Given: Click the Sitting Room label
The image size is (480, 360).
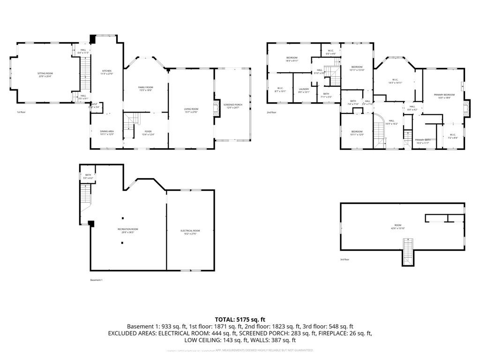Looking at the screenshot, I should point(45,75).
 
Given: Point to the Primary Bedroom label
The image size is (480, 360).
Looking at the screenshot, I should point(444,96).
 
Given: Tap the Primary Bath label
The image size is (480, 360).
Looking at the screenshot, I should point(422,141).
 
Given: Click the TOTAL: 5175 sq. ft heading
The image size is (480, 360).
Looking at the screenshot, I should point(240,319).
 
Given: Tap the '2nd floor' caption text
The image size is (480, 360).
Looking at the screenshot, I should point(271,112).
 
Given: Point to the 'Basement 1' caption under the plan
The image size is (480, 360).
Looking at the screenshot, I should point(96,280).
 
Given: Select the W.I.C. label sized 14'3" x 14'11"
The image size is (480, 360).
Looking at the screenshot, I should point(395,81).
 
